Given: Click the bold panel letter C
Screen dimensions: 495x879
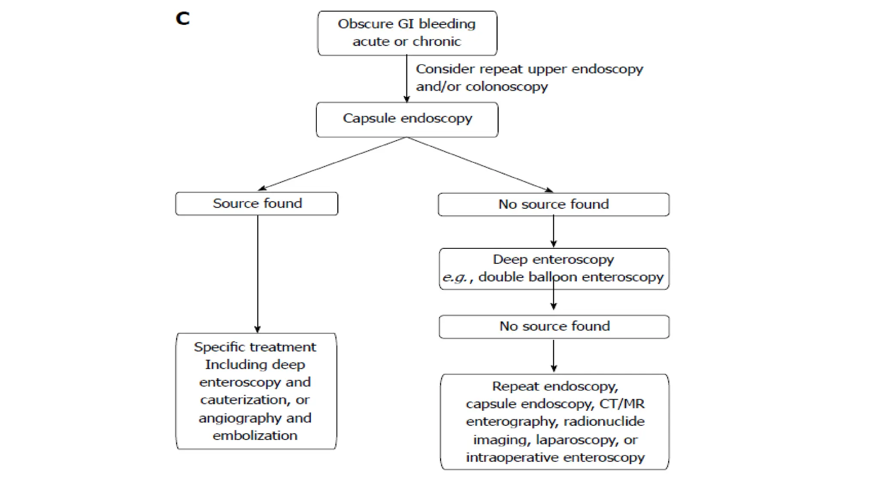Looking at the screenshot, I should pyautogui.click(x=182, y=18).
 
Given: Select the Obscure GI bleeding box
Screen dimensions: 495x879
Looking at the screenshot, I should pyautogui.click(x=407, y=33).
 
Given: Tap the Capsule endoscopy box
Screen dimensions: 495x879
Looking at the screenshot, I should pyautogui.click(x=407, y=119).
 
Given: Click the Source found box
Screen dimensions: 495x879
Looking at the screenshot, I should pyautogui.click(x=257, y=203).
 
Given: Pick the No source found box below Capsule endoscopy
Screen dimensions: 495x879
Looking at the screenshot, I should pyautogui.click(x=553, y=204).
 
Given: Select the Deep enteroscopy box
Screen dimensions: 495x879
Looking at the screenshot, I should pyautogui.click(x=554, y=269).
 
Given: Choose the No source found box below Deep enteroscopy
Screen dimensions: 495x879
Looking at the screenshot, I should pyautogui.click(x=554, y=327).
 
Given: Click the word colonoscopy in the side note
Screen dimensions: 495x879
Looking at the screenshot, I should pyautogui.click(x=506, y=87).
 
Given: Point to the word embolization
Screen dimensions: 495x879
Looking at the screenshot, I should pyautogui.click(x=255, y=436).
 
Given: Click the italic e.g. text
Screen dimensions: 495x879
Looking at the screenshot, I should pyautogui.click(x=455, y=278).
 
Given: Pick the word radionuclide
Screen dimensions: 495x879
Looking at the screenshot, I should pyautogui.click(x=603, y=422).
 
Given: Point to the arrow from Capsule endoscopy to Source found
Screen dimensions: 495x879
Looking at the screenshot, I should pyautogui.click(x=333, y=164).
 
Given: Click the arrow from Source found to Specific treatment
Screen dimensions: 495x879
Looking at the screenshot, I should pyautogui.click(x=258, y=275).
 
